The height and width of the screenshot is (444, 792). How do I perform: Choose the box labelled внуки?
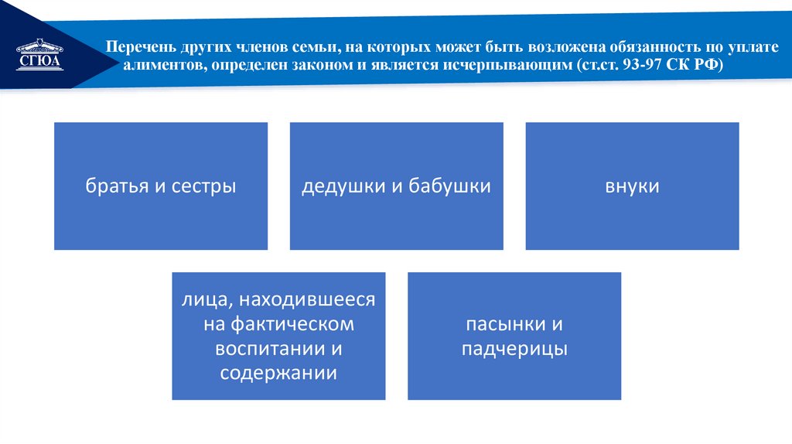tap(632, 186)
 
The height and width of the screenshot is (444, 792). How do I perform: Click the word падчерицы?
tap(514, 349)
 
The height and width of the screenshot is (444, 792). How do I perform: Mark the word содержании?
tap(278, 373)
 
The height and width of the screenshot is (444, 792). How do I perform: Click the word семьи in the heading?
tap(306, 48)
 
